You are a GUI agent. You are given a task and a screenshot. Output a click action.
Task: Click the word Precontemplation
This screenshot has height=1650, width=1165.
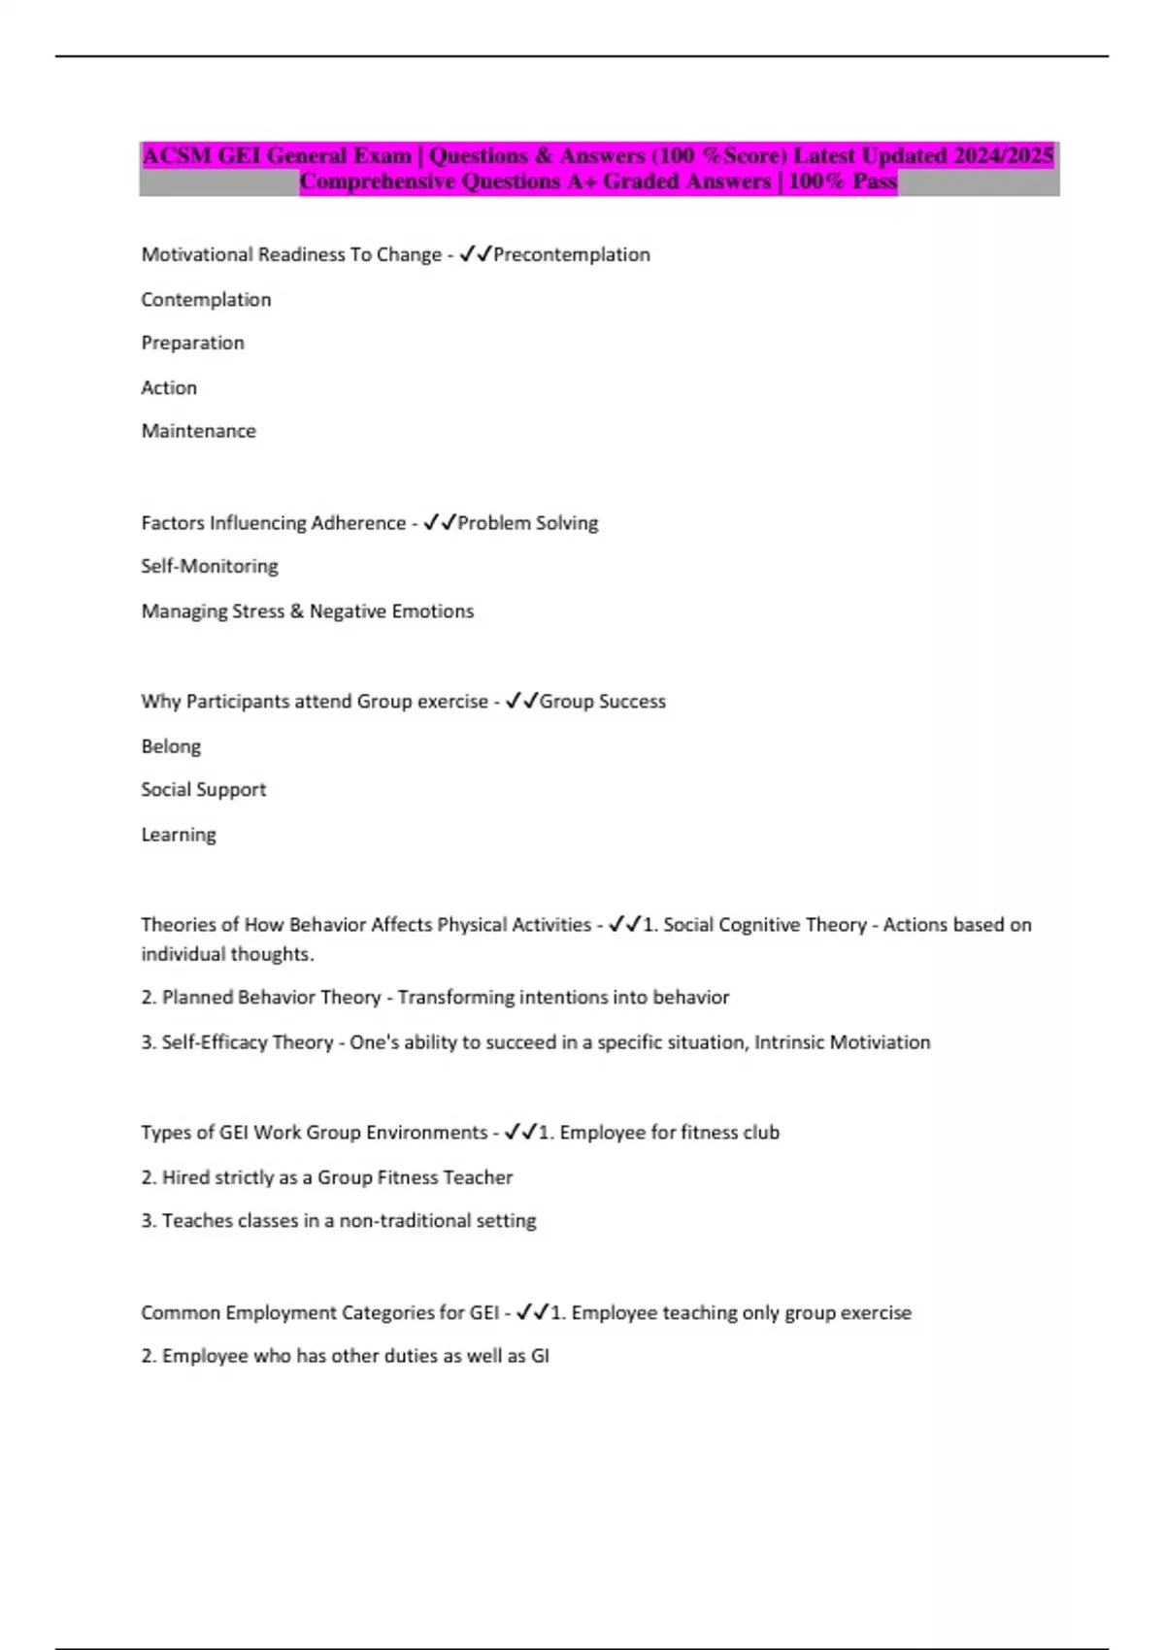pos(572,254)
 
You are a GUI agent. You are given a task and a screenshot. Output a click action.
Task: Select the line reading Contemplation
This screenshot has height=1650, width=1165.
pos(206,300)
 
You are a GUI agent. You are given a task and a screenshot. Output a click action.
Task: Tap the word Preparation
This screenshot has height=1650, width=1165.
pos(192,343)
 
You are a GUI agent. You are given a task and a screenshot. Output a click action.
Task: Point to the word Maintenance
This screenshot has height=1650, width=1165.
pos(198,431)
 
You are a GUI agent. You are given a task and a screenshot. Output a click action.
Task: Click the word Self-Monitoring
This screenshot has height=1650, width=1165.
pos(210,566)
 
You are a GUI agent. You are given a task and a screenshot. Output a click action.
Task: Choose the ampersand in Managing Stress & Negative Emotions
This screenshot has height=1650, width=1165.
pos(296,611)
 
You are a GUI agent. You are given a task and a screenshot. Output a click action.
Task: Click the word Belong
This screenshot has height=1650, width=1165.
pos(171,746)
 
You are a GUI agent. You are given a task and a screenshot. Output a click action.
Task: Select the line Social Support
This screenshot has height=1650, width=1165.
pos(203,789)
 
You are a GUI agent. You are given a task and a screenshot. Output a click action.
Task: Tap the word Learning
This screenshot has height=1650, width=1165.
pos(179,835)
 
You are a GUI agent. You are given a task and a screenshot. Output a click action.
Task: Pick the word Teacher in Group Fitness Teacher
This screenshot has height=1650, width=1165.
pos(477,1177)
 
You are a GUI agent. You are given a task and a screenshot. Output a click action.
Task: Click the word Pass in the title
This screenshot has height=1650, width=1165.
pos(874,181)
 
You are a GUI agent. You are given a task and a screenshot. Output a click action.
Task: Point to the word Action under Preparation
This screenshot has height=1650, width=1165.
pos(169,388)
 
